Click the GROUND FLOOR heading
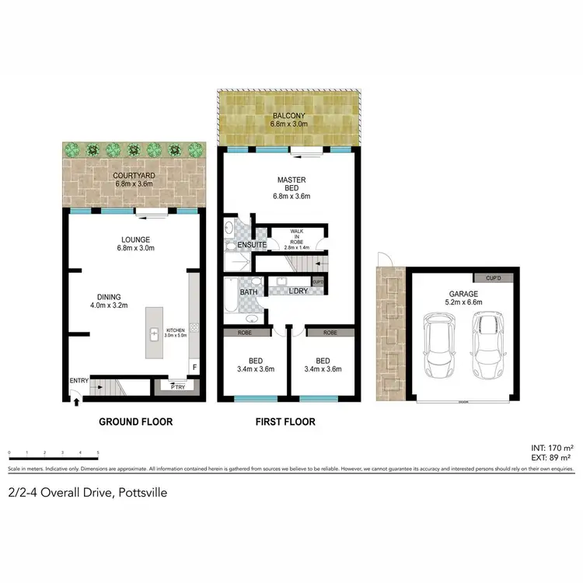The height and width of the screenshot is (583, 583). click(135, 422)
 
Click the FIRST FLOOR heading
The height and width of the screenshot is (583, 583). click(285, 422)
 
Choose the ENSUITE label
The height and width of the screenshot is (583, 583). click(253, 246)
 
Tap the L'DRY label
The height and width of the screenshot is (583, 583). click(298, 292)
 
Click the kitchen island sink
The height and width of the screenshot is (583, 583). click(154, 333)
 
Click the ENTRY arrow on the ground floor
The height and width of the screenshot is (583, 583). click(75, 400)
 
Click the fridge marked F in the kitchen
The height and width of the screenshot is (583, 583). click(194, 365)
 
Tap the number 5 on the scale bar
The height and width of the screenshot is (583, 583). click(98, 452)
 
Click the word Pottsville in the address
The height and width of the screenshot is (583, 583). click(138, 492)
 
